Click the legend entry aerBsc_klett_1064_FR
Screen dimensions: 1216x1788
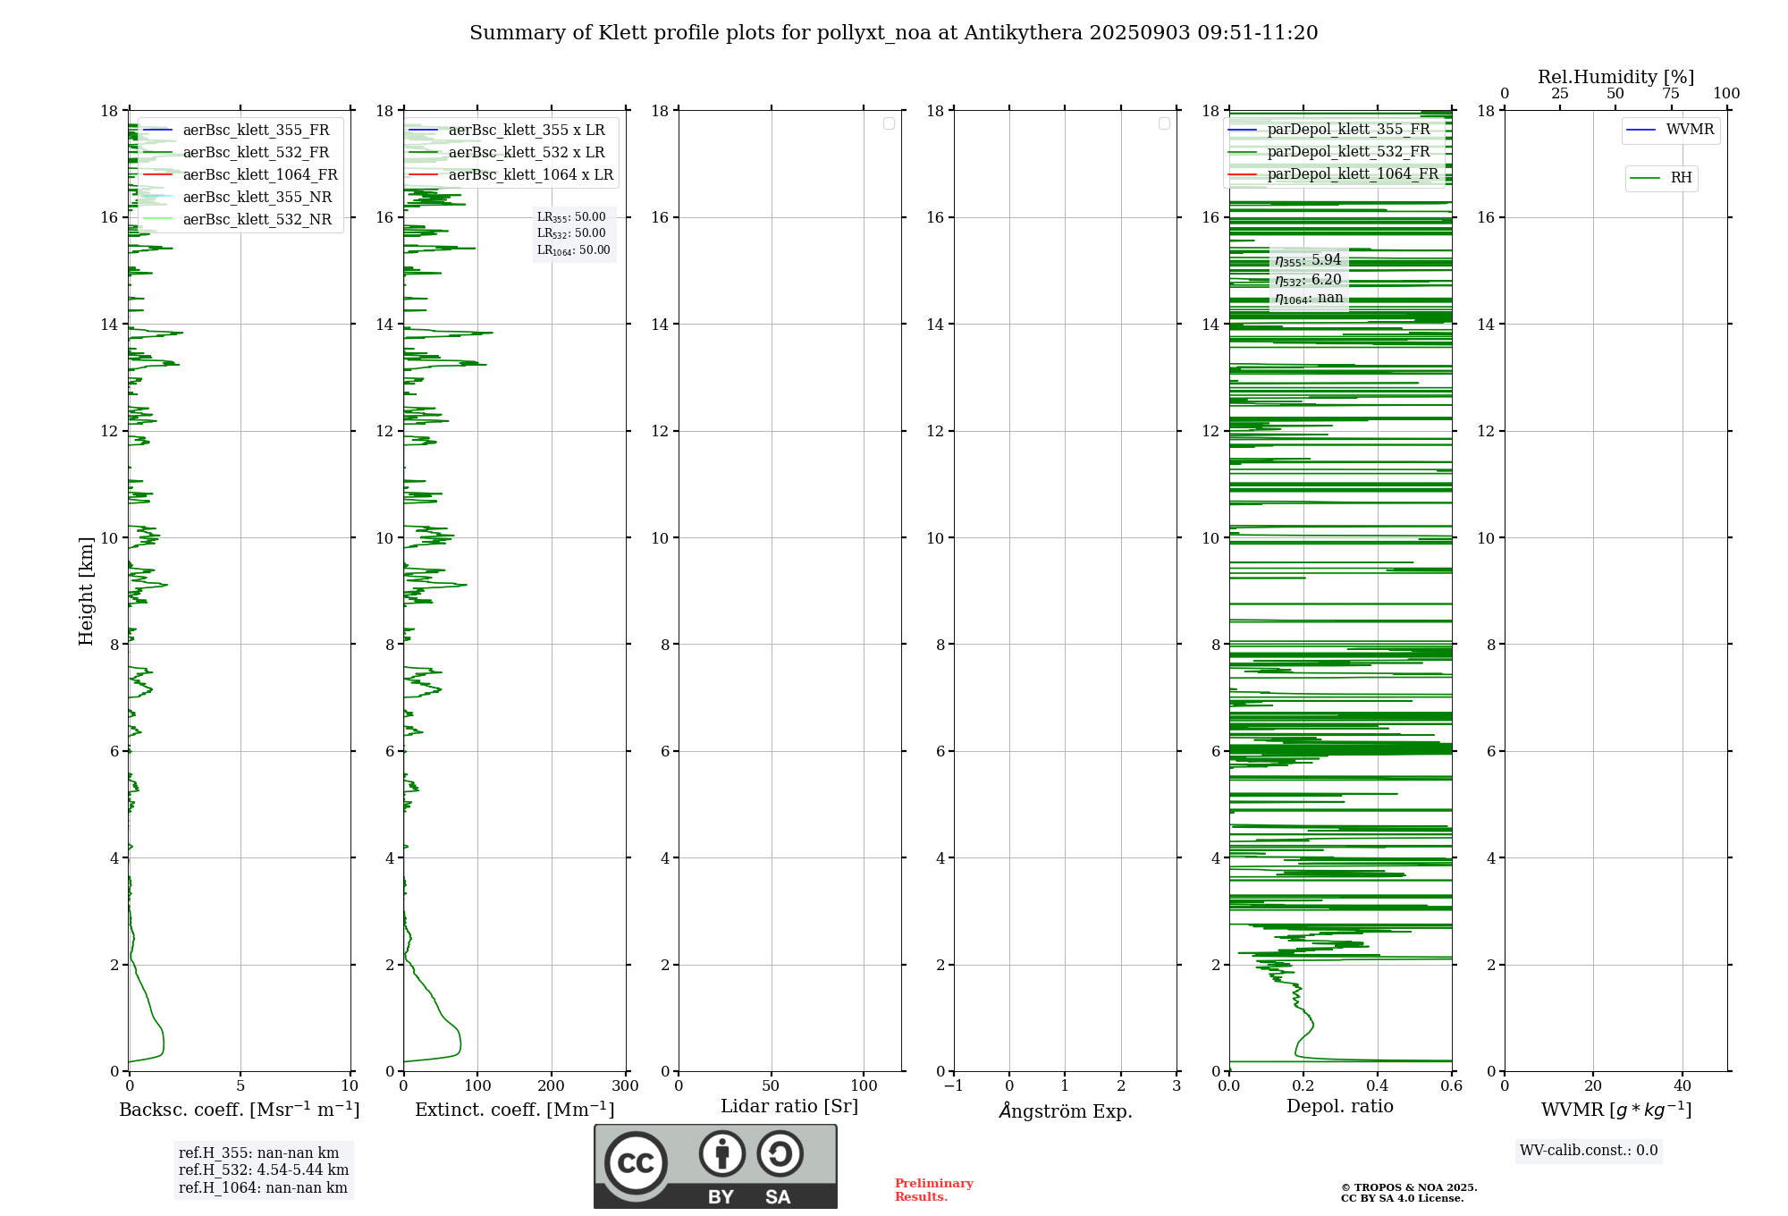pos(259,174)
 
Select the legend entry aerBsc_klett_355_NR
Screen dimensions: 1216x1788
pos(257,197)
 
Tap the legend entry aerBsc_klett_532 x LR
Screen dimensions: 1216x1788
pos(526,152)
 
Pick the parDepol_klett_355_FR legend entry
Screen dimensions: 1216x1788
pos(1348,129)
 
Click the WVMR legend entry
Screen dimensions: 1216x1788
pos(1690,130)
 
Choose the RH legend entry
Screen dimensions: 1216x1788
pos(1681,178)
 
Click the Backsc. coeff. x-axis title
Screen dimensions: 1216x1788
pos(239,1110)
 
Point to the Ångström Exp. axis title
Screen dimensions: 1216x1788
pos(1065,1110)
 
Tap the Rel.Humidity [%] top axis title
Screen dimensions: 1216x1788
pos(1615,77)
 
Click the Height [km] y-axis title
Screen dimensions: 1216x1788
pos(86,590)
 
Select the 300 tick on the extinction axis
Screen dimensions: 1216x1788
pos(625,1086)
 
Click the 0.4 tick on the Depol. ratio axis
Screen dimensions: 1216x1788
pos(1378,1086)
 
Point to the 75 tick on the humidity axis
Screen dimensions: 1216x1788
pos(1670,94)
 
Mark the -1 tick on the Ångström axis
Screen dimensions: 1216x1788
pos(953,1086)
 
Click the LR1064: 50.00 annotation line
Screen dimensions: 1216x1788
pos(573,250)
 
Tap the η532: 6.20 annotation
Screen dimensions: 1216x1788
pos(1308,279)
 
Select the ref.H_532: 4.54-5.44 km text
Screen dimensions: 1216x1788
pos(263,1170)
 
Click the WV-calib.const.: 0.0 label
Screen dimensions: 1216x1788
pos(1588,1151)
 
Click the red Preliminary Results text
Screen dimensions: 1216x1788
pos(933,1189)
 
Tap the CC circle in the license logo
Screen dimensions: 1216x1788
pos(636,1163)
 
